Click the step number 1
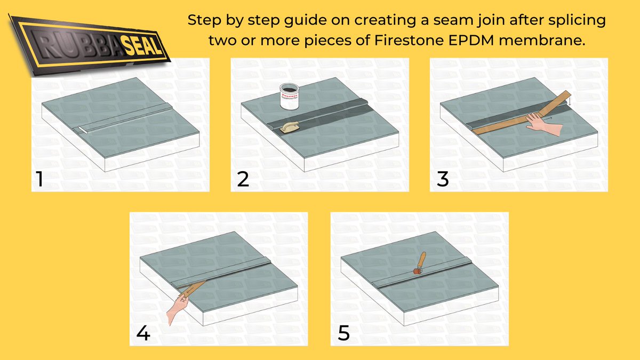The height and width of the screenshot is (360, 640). pyautogui.click(x=38, y=180)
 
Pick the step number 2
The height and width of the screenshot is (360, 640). pyautogui.click(x=243, y=180)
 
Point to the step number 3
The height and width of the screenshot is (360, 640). pyautogui.click(x=443, y=180)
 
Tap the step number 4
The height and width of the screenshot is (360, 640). pyautogui.click(x=143, y=333)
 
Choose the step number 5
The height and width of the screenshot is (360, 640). pyautogui.click(x=344, y=334)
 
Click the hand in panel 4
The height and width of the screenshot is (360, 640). pyautogui.click(x=177, y=310)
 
